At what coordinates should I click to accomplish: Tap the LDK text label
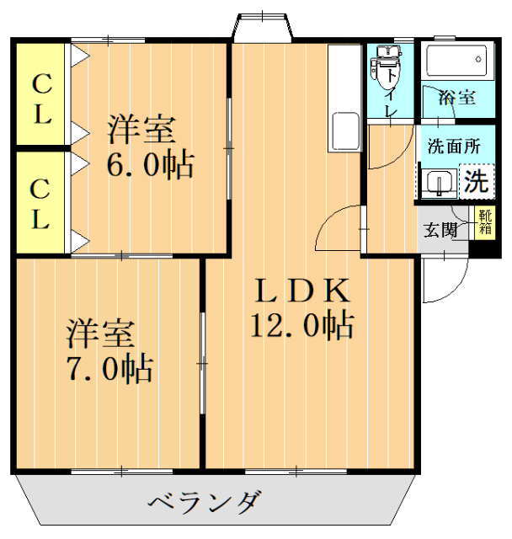[301, 291]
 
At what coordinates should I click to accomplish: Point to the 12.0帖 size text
[301, 323]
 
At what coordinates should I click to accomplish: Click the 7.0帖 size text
[110, 368]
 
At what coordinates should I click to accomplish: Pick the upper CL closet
[40, 98]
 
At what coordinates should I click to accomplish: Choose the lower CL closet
[40, 205]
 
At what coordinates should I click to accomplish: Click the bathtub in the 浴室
[455, 61]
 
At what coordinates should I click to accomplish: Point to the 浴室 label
[456, 98]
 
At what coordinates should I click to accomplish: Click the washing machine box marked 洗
[476, 180]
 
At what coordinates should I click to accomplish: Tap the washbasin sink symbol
[438, 182]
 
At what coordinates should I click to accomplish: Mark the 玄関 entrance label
[440, 229]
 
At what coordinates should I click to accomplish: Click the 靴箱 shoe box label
[485, 221]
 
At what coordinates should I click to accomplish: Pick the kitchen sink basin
[345, 131]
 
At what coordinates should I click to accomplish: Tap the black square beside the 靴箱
[484, 248]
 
